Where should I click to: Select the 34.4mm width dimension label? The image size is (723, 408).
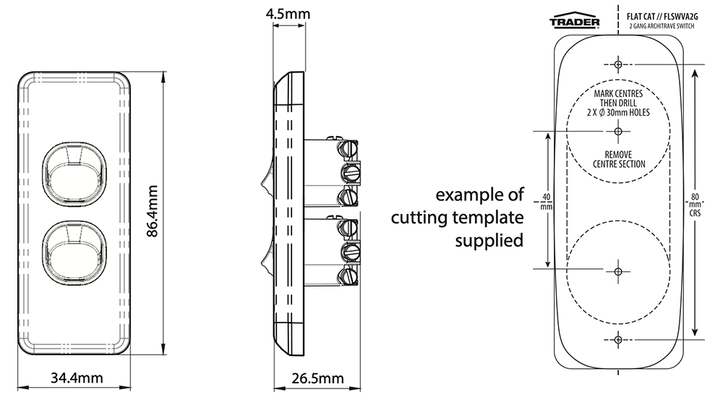coord(76,378)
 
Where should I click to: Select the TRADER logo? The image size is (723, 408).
coord(575,22)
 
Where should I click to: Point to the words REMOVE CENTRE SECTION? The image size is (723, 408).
coord(618,159)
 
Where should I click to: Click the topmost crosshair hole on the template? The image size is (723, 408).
coord(617,64)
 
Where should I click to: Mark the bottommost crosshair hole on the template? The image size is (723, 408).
coord(617,340)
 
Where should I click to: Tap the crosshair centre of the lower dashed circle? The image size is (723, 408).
coord(617,271)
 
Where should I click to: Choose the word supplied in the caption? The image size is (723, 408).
coord(488,239)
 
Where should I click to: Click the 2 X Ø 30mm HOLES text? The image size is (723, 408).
coord(618,113)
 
